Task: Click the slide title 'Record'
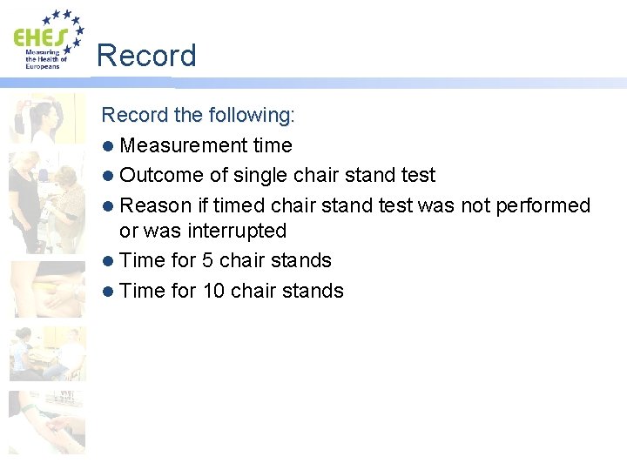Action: [146, 56]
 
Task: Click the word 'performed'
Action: [543, 205]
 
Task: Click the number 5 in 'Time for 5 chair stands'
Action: [208, 260]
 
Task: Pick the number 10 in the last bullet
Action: [214, 291]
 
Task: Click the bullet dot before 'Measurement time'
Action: [108, 146]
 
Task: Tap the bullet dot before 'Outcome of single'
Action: [108, 176]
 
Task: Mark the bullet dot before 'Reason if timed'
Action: [108, 206]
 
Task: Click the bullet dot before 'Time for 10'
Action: [108, 292]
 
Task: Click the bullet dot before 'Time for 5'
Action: [108, 261]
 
